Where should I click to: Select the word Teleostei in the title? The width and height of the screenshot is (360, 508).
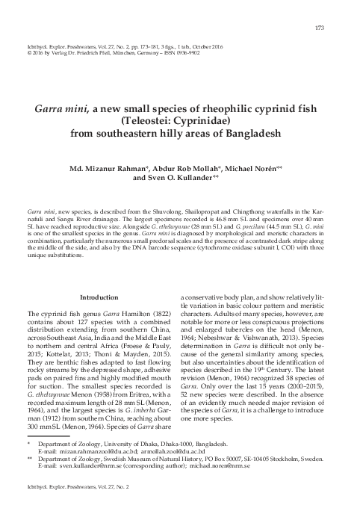pyautogui.click(x=146, y=122)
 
